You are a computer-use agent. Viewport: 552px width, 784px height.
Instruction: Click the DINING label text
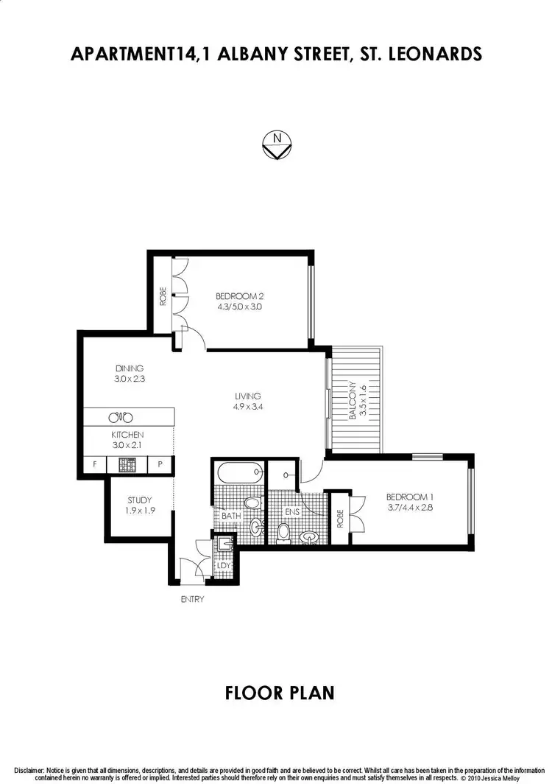point(129,368)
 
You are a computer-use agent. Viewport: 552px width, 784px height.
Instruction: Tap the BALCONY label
point(353,400)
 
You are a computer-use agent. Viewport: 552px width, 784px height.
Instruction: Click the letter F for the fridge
point(95,465)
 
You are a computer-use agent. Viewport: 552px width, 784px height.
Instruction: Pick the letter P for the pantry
point(160,465)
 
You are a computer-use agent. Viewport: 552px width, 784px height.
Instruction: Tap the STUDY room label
point(139,500)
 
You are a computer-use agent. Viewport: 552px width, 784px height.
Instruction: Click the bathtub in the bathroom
point(238,471)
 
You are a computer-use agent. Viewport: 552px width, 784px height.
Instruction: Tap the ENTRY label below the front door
point(192,599)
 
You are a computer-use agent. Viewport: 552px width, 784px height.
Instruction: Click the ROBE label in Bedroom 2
point(163,296)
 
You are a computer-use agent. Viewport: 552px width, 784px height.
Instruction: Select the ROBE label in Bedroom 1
point(340,519)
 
